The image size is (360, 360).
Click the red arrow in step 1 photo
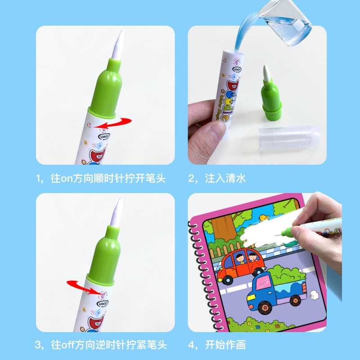click(x=115, y=122)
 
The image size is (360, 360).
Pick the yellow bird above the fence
click(x=262, y=219)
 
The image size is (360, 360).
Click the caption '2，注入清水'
click(x=217, y=178)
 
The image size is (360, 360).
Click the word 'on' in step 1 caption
click(x=67, y=179)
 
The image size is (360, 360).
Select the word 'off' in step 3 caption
click(x=67, y=345)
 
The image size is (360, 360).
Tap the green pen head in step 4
click(x=286, y=233)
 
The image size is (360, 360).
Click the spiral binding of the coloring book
click(x=194, y=270)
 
